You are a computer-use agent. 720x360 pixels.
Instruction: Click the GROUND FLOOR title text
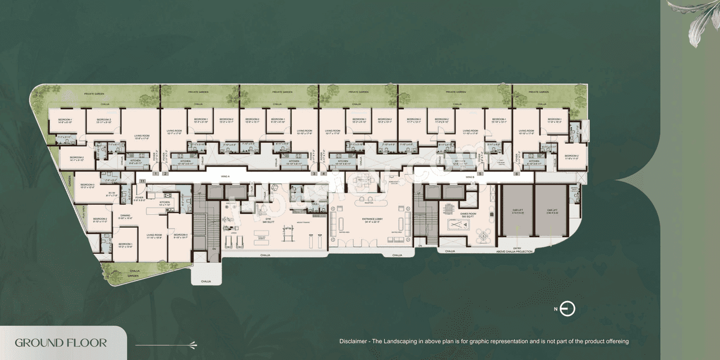click(x=61, y=343)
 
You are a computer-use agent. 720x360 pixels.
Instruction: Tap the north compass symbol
click(x=568, y=309)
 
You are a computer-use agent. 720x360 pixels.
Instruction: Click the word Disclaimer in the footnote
click(x=355, y=341)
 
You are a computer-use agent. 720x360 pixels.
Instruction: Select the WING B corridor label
click(x=470, y=177)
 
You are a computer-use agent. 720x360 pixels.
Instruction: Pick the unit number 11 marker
click(x=142, y=181)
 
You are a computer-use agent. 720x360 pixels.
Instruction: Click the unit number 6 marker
click(x=516, y=174)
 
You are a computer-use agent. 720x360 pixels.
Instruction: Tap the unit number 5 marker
click(x=480, y=174)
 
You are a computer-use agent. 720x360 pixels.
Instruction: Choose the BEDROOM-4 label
click(x=180, y=236)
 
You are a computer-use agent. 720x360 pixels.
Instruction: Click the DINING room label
click(x=125, y=217)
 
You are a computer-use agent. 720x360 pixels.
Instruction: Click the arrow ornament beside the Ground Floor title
click(x=166, y=344)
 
